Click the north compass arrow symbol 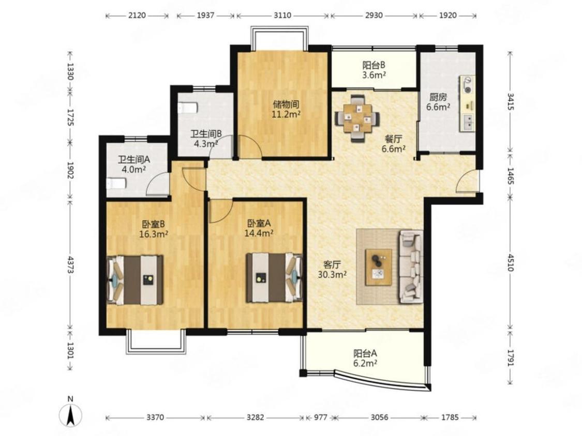(70, 415)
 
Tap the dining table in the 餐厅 (357, 118)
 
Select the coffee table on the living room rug (379, 267)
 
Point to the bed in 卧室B (135, 280)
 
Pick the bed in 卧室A (275, 277)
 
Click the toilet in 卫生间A (116, 183)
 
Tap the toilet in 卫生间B (188, 108)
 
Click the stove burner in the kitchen (468, 85)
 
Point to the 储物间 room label (286, 104)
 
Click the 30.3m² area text (332, 274)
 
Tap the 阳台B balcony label (374, 65)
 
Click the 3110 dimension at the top (282, 15)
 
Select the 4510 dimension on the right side (511, 262)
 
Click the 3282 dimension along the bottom (256, 417)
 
